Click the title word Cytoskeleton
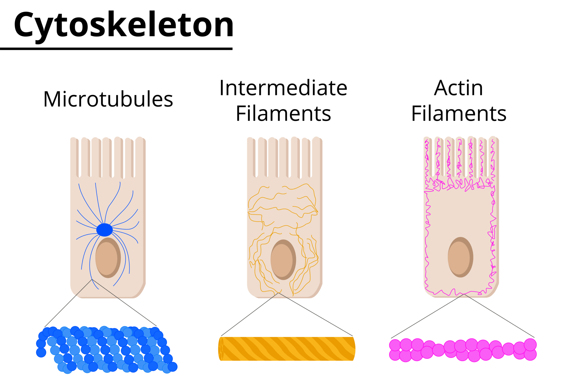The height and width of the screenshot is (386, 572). [123, 25]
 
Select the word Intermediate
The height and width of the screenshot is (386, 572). [283, 88]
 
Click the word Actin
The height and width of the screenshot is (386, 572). [458, 88]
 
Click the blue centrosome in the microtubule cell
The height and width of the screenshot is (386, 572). [104, 230]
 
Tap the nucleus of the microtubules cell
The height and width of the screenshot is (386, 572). [108, 258]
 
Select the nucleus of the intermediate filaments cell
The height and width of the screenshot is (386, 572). [283, 260]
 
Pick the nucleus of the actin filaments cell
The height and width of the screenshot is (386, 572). [460, 257]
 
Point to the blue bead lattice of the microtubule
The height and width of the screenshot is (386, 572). [106, 349]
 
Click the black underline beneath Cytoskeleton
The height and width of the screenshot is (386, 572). [116, 49]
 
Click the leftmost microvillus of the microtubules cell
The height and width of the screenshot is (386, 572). [74, 157]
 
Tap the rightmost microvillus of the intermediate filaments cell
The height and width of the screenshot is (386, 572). [317, 157]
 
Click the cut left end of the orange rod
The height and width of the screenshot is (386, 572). [221, 349]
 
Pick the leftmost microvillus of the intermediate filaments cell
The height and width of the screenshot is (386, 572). [251, 157]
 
